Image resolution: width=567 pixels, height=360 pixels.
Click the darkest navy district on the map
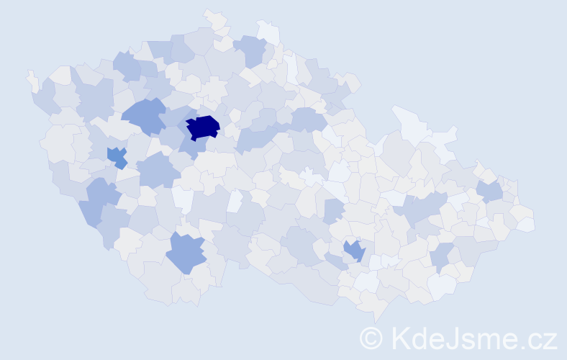click(203, 127)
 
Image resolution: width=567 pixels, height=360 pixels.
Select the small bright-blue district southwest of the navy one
click(116, 156)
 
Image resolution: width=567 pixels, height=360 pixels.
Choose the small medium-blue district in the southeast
click(354, 250)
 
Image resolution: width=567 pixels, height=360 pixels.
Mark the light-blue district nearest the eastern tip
click(490, 192)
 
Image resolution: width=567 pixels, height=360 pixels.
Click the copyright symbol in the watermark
click(372, 337)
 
